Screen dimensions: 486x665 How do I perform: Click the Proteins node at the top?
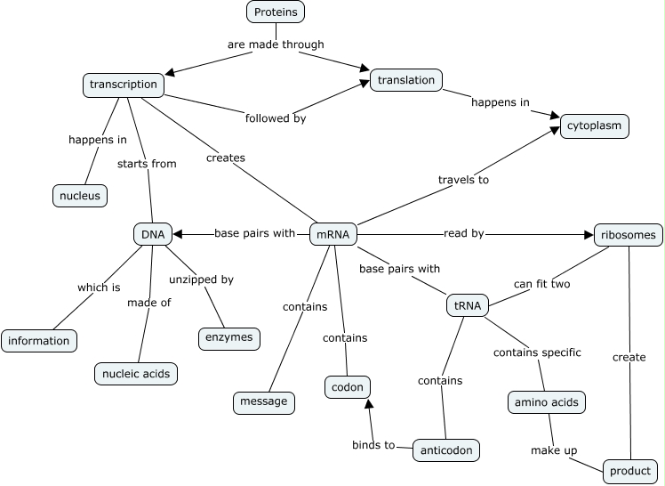point(276,12)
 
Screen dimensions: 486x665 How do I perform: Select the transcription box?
point(124,85)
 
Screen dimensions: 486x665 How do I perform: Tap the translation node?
point(405,80)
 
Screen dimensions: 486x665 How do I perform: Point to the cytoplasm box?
point(594,126)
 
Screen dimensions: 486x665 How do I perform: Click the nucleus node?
point(79,195)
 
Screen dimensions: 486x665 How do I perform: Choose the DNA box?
point(152,234)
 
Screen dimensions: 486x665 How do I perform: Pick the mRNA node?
point(332,235)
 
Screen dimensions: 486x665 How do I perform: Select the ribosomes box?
point(628,235)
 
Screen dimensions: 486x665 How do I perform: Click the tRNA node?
point(467,306)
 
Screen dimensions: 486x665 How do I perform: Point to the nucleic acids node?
point(136,374)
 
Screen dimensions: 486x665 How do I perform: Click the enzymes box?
point(228,337)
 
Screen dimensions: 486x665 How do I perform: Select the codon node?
point(346,387)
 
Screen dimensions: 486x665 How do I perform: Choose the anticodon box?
point(446,450)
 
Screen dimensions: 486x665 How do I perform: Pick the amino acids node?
point(546,402)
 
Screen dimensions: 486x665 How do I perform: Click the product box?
point(629,471)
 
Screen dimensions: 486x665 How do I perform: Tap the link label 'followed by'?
point(275,117)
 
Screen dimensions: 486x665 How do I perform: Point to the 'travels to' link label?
point(463,180)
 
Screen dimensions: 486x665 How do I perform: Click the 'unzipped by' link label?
point(201,279)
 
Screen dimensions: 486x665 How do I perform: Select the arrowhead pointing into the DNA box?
point(178,234)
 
